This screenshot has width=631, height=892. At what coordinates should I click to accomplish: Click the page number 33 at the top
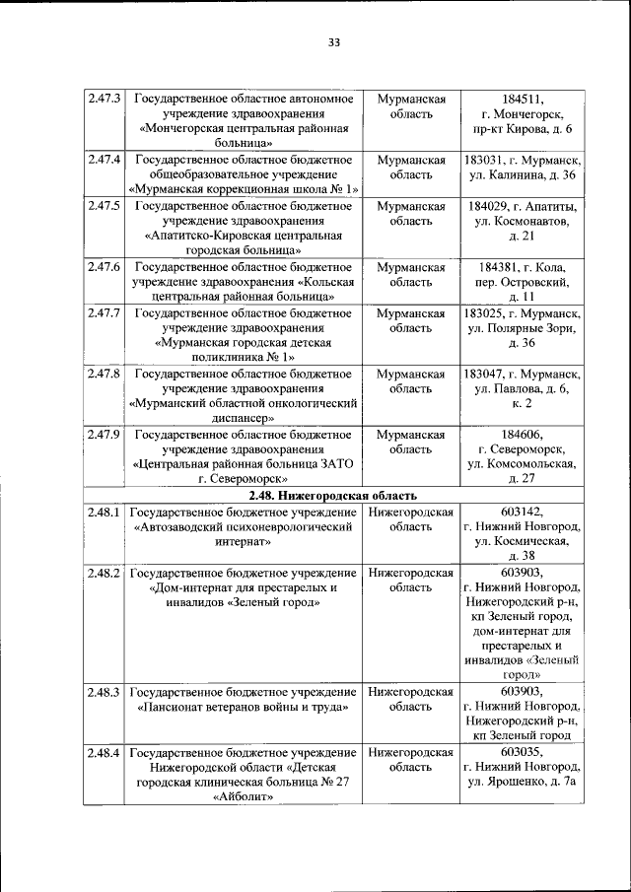pos(333,42)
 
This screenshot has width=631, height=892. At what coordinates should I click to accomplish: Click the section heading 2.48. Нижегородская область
pos(332,496)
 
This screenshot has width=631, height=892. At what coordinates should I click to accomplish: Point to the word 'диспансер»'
pos(244,418)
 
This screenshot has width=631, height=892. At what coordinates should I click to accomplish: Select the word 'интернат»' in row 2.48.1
pos(244,542)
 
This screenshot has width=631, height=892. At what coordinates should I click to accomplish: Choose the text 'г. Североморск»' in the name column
pos(244,479)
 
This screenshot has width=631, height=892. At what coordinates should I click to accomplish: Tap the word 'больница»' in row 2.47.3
pos(244,144)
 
